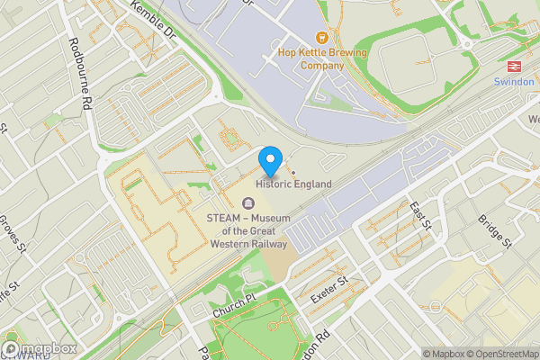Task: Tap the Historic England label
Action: click(x=293, y=184)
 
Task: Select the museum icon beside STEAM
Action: click(x=248, y=202)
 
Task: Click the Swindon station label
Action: click(x=514, y=81)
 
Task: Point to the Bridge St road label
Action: click(x=494, y=230)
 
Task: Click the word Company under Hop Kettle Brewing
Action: click(x=322, y=65)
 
